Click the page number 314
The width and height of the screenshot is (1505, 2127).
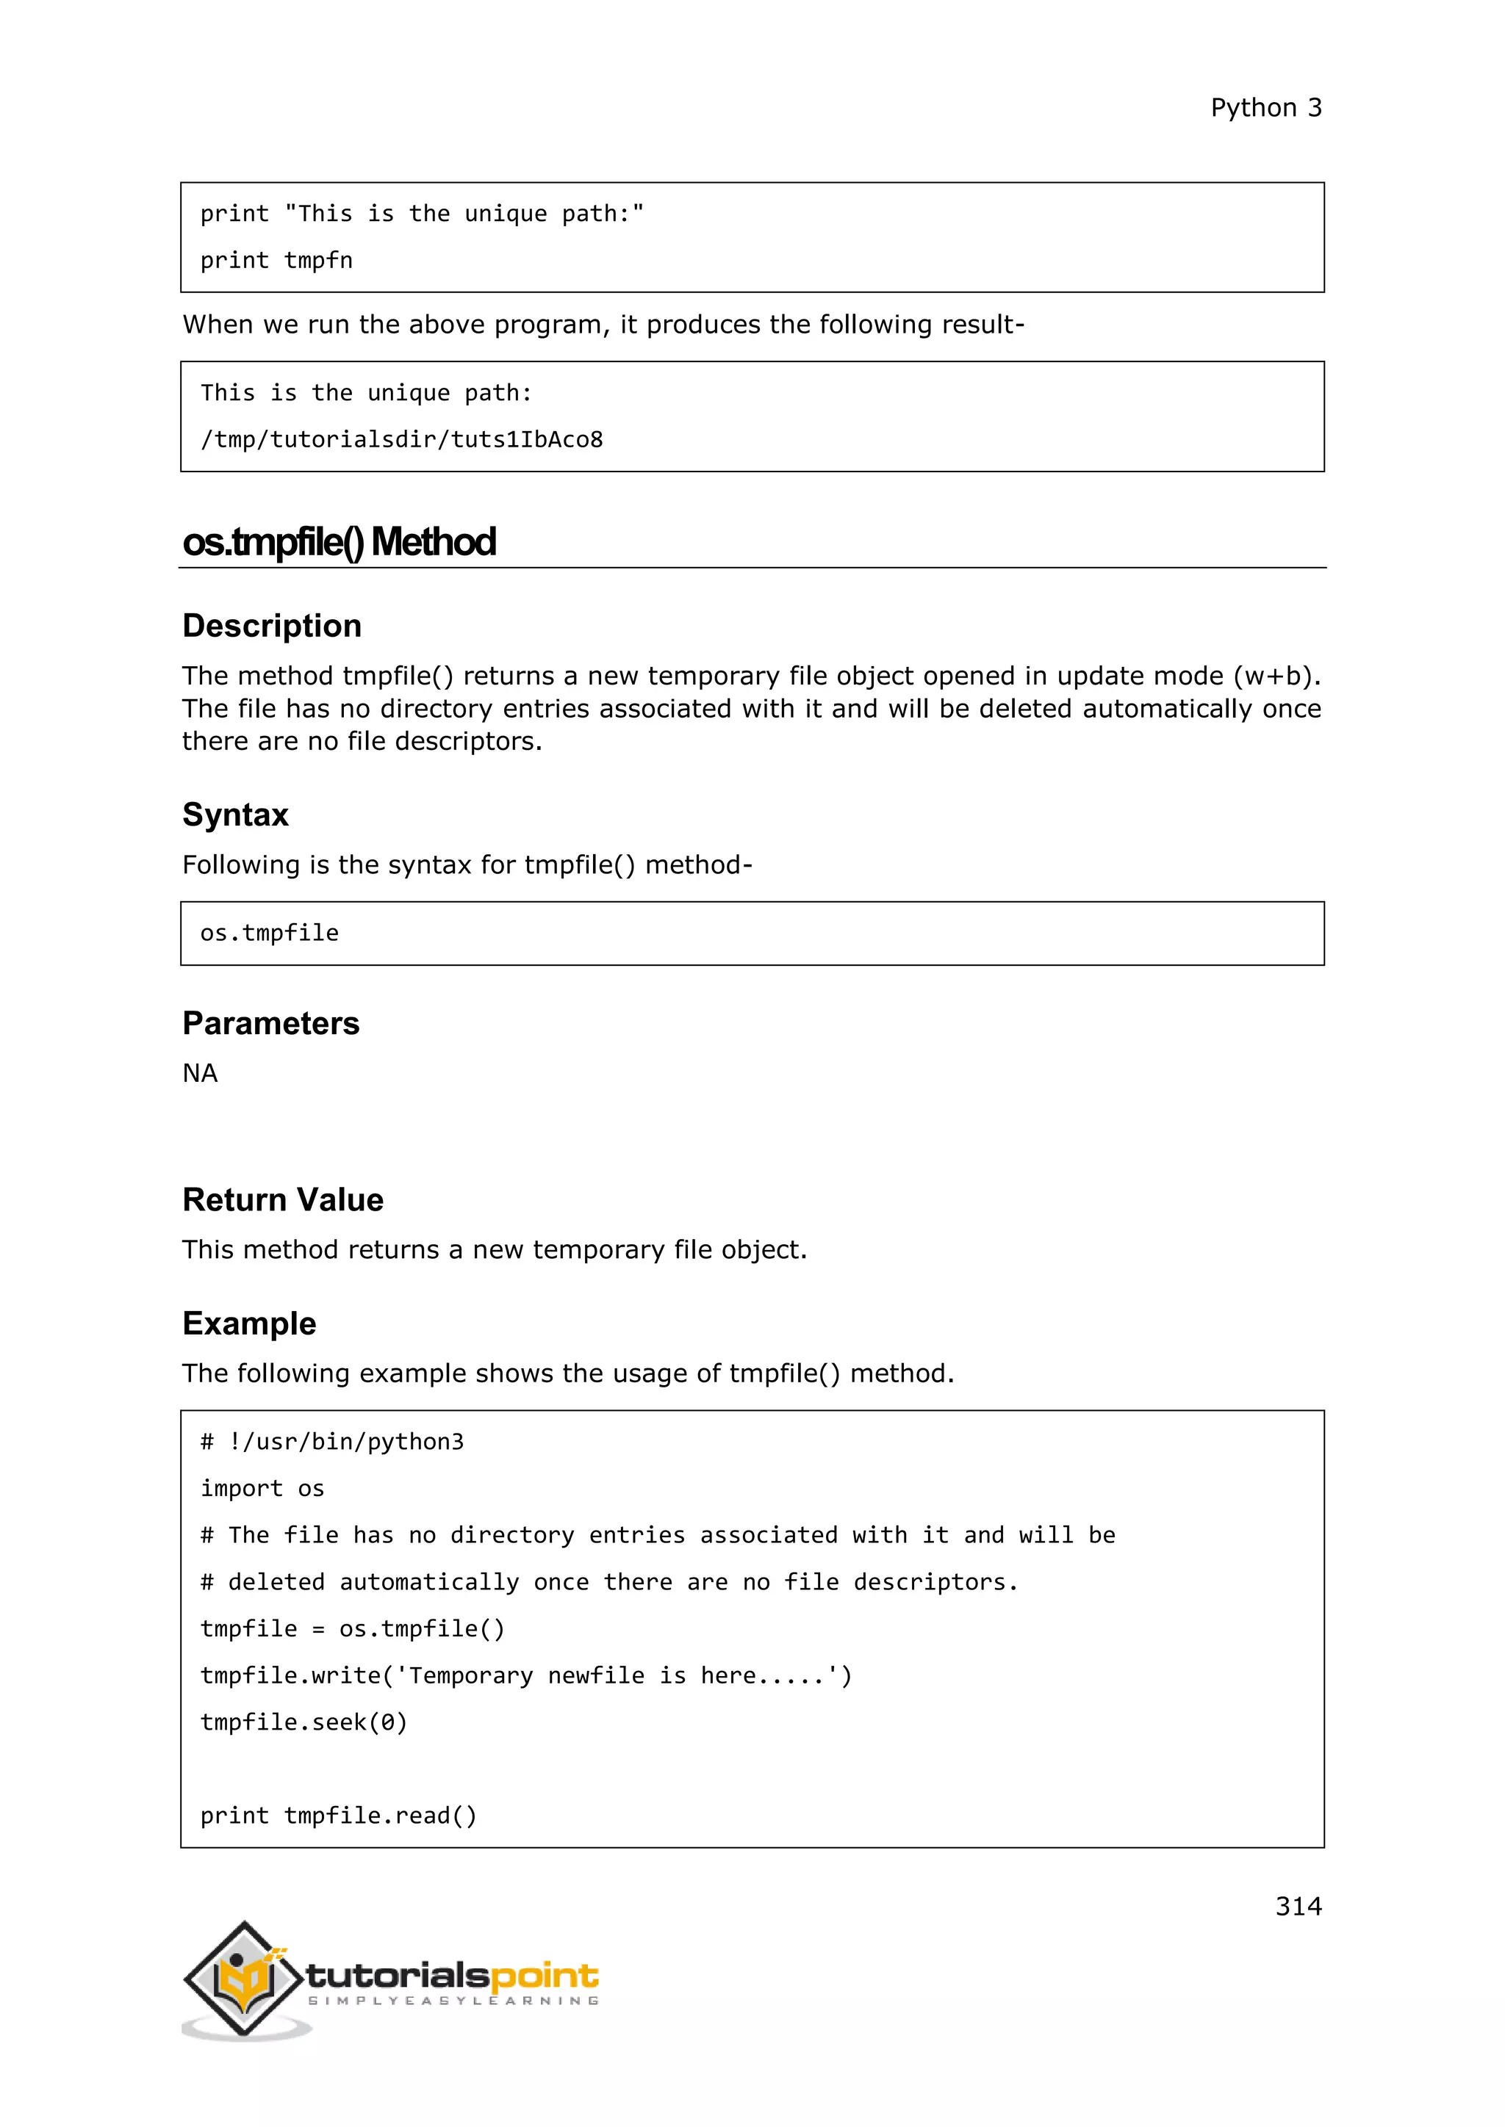tap(1298, 1906)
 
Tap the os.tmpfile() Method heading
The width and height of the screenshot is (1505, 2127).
tap(340, 542)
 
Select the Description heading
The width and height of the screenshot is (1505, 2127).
tap(271, 626)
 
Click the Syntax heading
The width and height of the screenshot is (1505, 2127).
tap(235, 815)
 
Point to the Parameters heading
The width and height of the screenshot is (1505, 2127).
tap(270, 1024)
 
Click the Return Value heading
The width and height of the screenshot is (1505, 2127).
tap(283, 1199)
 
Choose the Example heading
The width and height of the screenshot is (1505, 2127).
tap(249, 1323)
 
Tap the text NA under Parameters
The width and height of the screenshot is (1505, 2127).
tap(200, 1074)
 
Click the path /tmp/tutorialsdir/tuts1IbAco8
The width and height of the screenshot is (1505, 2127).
tap(401, 440)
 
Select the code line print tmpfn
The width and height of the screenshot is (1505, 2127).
tap(276, 261)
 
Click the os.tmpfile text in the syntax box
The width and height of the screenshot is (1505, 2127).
tap(270, 934)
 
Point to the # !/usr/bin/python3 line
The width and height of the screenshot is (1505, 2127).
tap(331, 1442)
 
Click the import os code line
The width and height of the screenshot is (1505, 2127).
tap(262, 1489)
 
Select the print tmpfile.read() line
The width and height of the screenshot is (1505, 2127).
tap(338, 1816)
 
